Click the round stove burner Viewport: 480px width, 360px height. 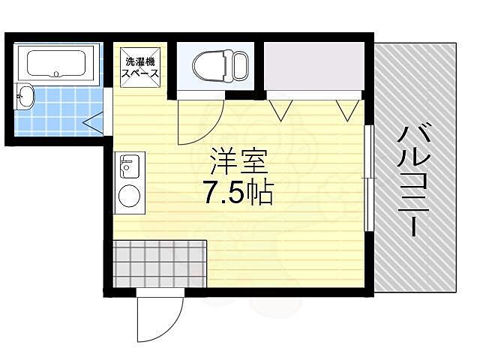coord(129,195)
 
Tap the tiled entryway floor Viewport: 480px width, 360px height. coord(159,262)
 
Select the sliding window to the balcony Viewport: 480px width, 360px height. coord(367,178)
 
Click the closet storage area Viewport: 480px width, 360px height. coord(313,67)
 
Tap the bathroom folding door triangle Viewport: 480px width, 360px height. coord(94,121)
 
